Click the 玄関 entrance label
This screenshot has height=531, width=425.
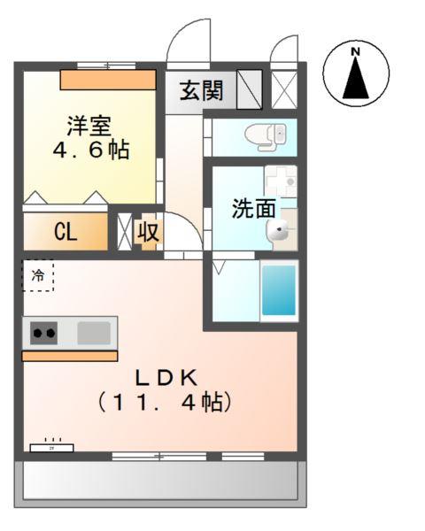(x=202, y=91)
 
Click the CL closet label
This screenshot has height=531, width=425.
(x=66, y=233)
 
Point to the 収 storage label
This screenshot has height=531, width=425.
(x=148, y=233)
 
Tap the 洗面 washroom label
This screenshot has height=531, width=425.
(x=253, y=209)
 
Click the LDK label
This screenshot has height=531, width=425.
(x=166, y=377)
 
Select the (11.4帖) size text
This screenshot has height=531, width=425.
(x=166, y=403)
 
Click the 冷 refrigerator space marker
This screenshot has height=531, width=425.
(x=37, y=275)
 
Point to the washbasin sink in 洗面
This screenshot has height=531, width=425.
(x=280, y=231)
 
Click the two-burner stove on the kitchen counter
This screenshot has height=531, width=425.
(x=44, y=334)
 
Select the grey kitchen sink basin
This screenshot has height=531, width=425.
(x=94, y=333)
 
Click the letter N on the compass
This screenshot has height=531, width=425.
(x=356, y=51)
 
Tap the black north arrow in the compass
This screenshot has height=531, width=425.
(x=356, y=79)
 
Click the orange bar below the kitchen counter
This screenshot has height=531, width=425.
(x=69, y=356)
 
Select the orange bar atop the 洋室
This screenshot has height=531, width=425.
(x=108, y=80)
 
